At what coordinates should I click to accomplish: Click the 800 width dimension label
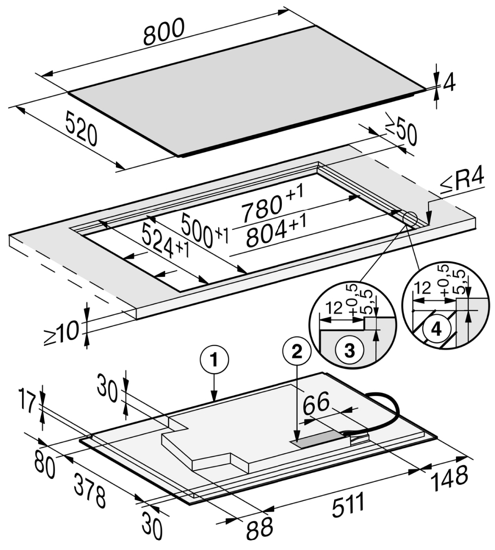pyautogui.click(x=164, y=32)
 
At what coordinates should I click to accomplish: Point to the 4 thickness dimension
pyautogui.click(x=450, y=83)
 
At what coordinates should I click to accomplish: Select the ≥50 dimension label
pyautogui.click(x=401, y=130)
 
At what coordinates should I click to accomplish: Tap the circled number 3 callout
pyautogui.click(x=349, y=352)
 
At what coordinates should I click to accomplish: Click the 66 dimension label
pyautogui.click(x=316, y=404)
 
